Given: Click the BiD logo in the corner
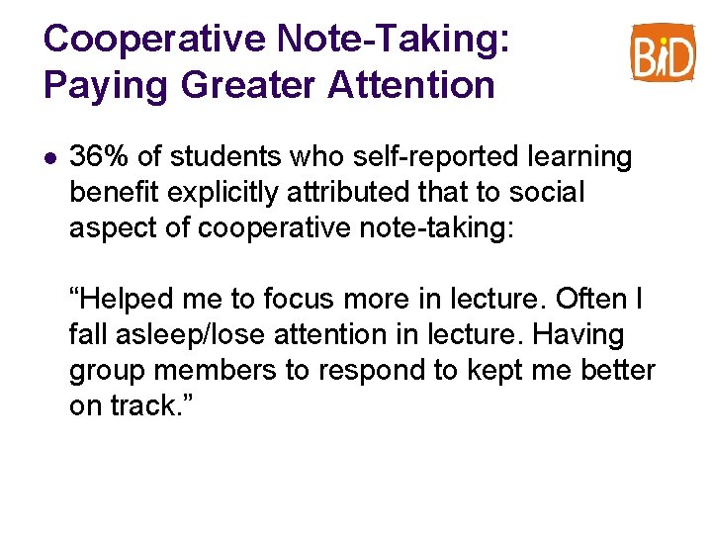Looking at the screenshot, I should [x=664, y=51].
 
